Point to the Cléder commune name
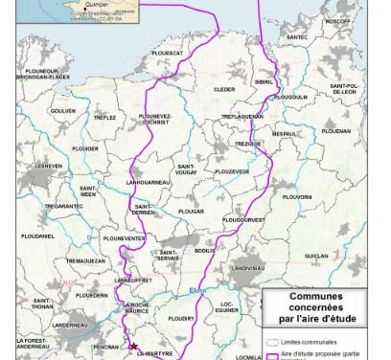click(224, 89)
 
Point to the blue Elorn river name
click(197, 291)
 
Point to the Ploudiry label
click(181, 317)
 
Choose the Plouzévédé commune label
click(232, 171)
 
